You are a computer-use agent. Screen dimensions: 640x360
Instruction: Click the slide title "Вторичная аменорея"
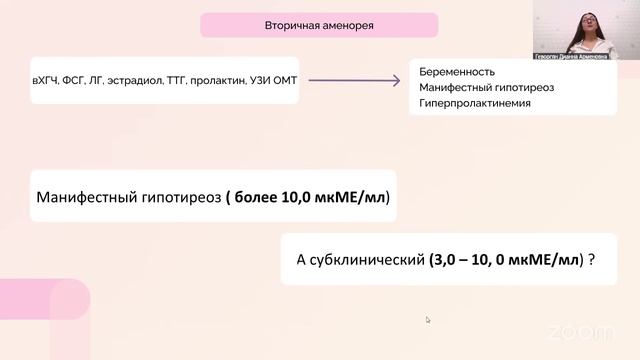point(319,25)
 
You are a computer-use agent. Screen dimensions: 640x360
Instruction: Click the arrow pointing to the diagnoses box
point(359,79)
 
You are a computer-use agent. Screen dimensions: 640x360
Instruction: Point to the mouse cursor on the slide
point(428,320)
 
